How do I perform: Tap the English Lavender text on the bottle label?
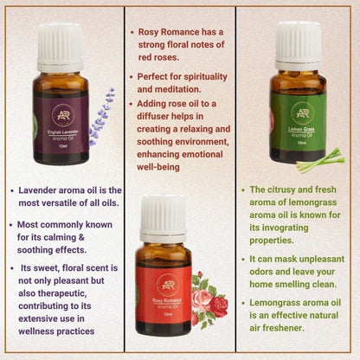pos(60,130)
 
